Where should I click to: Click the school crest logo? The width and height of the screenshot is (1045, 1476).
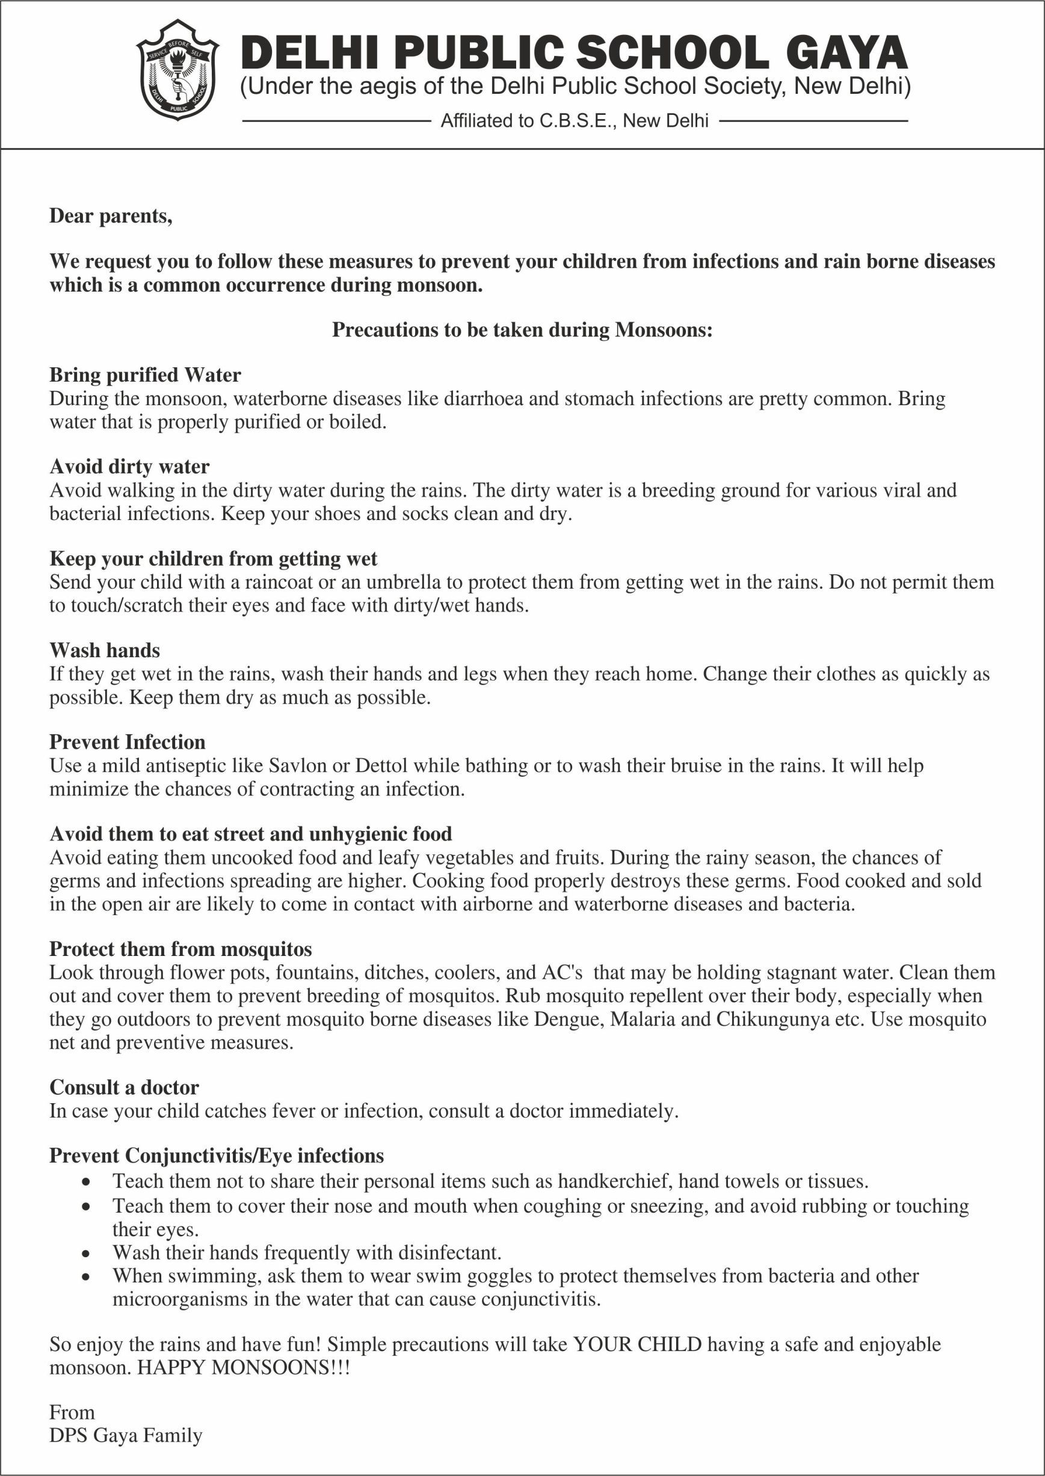(x=177, y=70)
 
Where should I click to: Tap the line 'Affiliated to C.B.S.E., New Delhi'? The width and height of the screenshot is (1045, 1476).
(x=574, y=121)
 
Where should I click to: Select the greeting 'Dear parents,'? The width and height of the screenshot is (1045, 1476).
(x=111, y=216)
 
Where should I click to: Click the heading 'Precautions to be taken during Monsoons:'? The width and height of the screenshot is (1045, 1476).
(x=522, y=330)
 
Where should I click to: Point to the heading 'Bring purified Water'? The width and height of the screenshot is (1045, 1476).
(x=146, y=375)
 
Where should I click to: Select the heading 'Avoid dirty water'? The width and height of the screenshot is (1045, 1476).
(x=129, y=467)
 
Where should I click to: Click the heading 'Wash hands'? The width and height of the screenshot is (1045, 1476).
(x=105, y=650)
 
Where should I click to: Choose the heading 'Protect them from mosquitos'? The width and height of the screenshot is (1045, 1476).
(x=181, y=949)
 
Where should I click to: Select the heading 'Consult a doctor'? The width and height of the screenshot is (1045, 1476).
(x=124, y=1088)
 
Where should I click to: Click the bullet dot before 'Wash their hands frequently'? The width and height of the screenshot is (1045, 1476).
(x=87, y=1254)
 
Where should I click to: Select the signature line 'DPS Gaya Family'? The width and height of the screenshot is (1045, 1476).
(x=126, y=1436)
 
